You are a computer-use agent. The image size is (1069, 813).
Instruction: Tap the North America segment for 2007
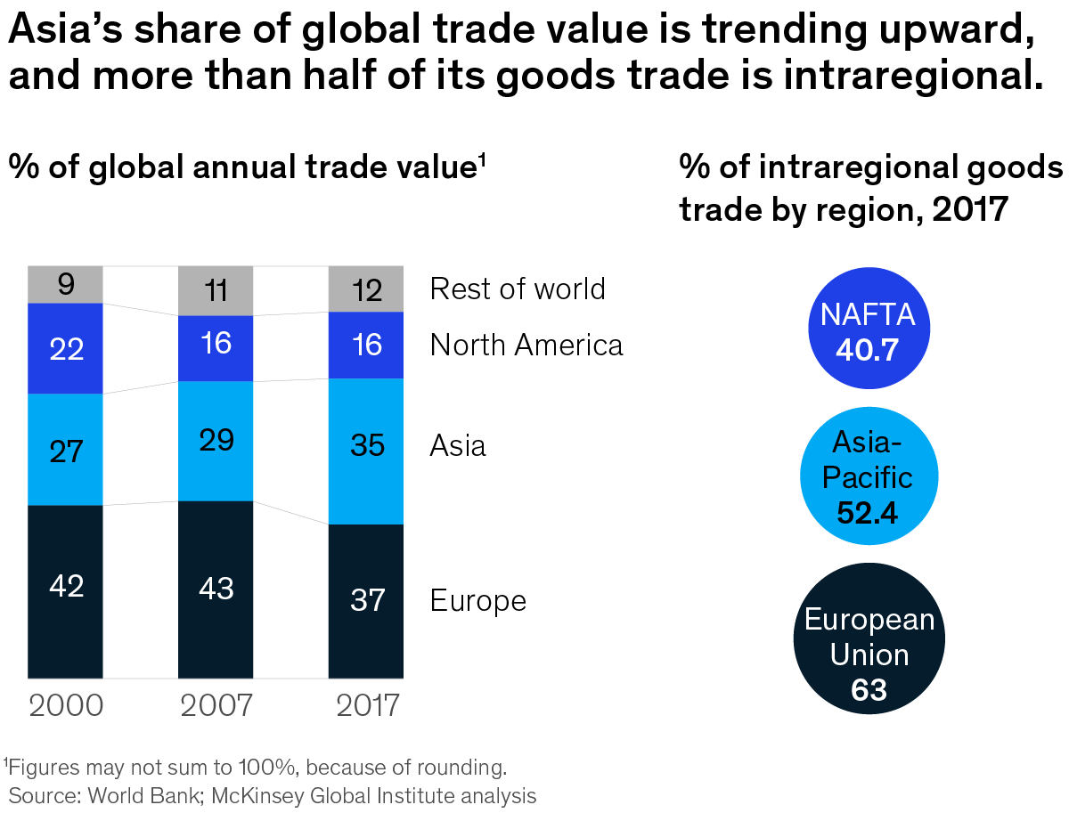pos(216,348)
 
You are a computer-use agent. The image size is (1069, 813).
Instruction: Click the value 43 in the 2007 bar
pos(216,589)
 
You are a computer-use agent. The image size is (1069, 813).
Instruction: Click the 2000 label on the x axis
pos(66,705)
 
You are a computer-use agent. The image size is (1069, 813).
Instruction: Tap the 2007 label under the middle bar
pos(216,705)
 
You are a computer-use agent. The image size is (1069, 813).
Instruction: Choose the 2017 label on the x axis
pos(367,705)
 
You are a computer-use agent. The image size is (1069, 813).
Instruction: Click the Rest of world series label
pos(518,289)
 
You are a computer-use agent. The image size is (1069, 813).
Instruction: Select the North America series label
pos(526,345)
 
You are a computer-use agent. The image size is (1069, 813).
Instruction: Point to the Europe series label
pos(478,600)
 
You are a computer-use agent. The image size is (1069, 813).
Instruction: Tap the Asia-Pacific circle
pos(868,476)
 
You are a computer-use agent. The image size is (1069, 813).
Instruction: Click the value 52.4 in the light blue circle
pos(869,512)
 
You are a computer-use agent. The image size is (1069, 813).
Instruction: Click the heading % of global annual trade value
pos(245,167)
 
